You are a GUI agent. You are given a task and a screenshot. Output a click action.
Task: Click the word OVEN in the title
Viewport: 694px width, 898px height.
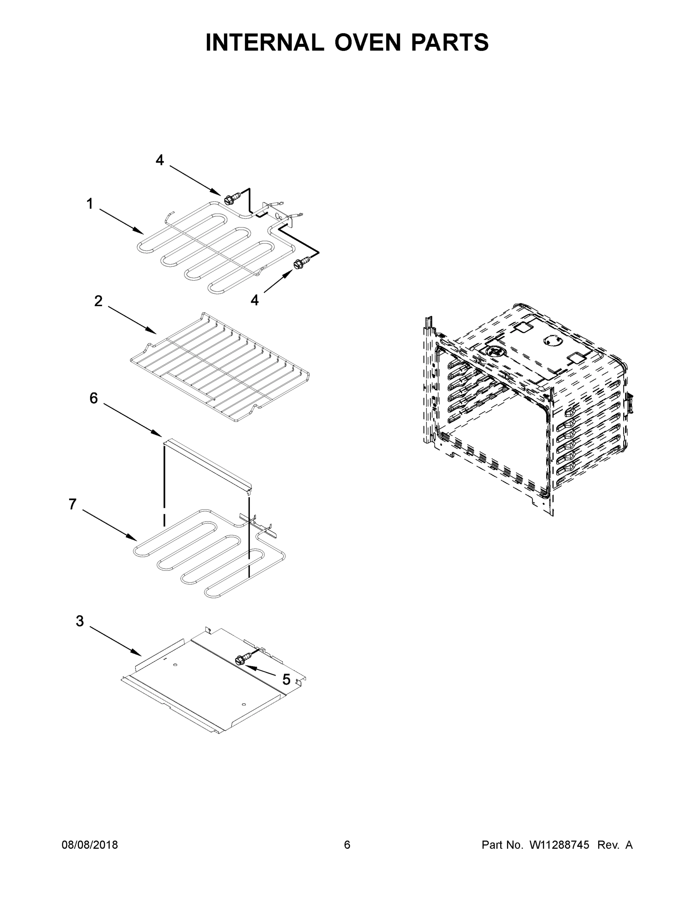coord(367,42)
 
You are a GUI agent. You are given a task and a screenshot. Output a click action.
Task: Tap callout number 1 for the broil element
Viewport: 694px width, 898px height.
coord(90,204)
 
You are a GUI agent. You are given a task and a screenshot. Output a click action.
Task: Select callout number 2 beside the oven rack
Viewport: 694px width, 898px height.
coord(98,301)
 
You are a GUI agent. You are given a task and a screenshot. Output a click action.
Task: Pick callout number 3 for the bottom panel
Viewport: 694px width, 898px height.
coord(80,621)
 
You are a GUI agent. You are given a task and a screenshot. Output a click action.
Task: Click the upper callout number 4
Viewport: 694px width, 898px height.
coord(159,160)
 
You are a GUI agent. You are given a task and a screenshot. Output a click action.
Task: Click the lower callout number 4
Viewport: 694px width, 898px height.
coord(254,300)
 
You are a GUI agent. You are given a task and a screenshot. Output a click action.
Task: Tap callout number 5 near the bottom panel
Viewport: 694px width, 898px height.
coord(286,679)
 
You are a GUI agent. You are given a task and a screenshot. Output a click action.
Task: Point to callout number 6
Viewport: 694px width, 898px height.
coord(94,398)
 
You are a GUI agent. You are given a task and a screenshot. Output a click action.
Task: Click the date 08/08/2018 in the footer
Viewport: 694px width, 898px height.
coord(90,844)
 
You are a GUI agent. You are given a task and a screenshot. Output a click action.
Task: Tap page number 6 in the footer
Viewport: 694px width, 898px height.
coord(347,844)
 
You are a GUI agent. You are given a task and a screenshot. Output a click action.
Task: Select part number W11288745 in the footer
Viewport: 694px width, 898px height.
coord(559,844)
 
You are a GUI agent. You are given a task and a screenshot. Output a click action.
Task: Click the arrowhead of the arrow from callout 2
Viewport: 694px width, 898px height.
coord(153,332)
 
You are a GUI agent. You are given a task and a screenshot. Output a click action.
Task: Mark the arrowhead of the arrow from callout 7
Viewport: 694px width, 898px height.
coord(134,539)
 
